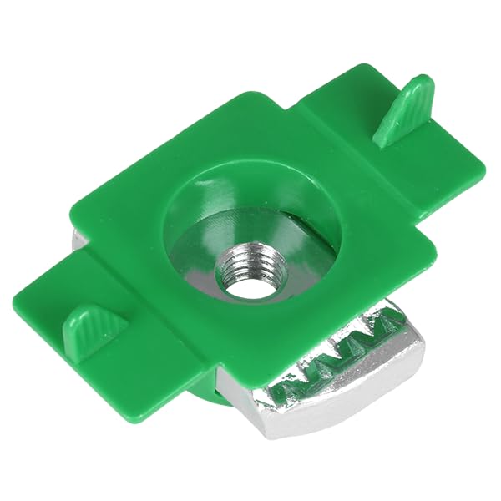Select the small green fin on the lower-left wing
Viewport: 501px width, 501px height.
[93, 326]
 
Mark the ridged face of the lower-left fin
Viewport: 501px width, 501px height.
[88, 330]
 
